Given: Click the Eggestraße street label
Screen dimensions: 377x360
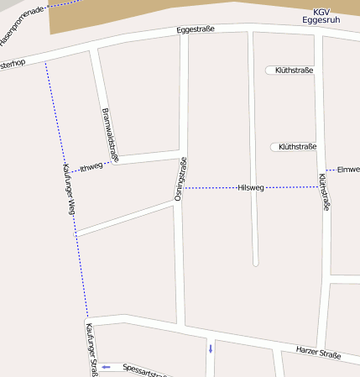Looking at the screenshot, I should (x=196, y=29).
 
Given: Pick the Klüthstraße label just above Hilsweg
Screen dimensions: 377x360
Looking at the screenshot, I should (x=297, y=147).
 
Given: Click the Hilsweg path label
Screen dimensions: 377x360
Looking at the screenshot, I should (x=251, y=188).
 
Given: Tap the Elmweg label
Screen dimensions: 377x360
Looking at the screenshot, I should (x=347, y=170).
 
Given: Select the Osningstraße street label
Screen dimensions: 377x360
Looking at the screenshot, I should (x=180, y=179).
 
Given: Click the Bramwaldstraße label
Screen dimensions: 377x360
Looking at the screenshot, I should (x=109, y=134).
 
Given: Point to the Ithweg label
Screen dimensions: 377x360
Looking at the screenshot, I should (x=91, y=166).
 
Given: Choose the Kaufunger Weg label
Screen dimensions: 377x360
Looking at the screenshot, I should (x=69, y=188).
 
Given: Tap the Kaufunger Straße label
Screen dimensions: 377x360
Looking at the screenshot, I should (x=91, y=351).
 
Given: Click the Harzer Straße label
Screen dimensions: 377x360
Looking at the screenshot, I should (x=318, y=353).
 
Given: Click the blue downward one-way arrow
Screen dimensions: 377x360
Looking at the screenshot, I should (x=210, y=348).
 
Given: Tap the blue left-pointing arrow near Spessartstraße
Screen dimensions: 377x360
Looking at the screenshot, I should (x=106, y=367).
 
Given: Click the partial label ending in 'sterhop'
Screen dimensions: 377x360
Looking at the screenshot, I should (x=13, y=64).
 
